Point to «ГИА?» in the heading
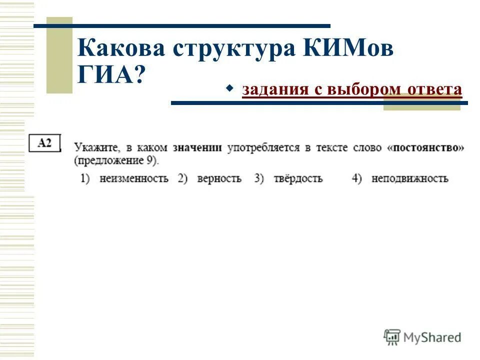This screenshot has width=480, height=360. pyautogui.click(x=110, y=75)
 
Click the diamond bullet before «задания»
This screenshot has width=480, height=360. pyautogui.click(x=230, y=88)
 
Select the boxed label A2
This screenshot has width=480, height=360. pyautogui.click(x=45, y=142)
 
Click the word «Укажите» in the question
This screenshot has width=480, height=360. pyautogui.click(x=95, y=148)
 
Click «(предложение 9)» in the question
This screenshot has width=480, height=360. pyautogui.click(x=116, y=161)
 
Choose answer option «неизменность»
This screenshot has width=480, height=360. pyautogui.click(x=133, y=178)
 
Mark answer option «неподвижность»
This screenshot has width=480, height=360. pyautogui.click(x=409, y=178)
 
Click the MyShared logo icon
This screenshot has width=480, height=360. pyautogui.click(x=392, y=337)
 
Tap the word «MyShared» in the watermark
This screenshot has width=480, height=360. pyautogui.click(x=432, y=337)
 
